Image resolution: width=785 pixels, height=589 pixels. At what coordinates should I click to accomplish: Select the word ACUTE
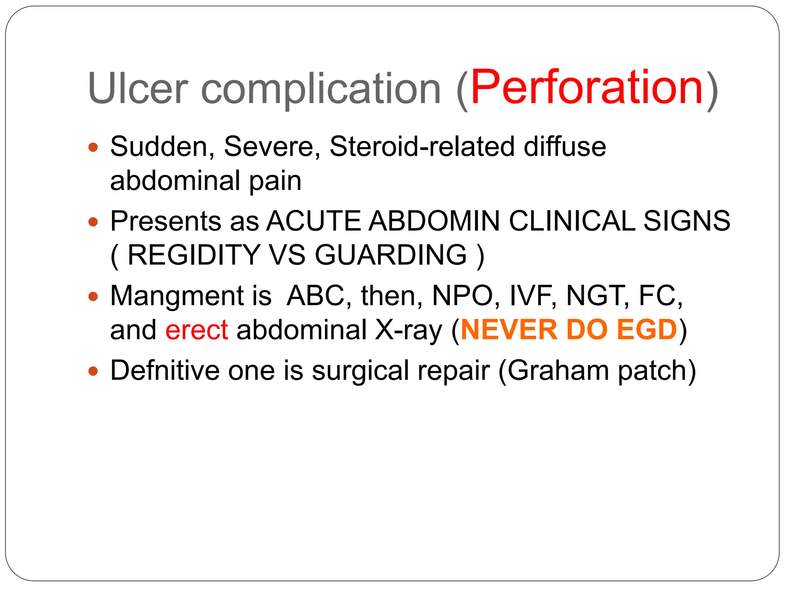click(x=314, y=221)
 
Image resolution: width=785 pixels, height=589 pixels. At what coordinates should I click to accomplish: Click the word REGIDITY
click(x=194, y=255)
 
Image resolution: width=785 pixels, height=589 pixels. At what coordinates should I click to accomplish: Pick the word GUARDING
click(x=391, y=255)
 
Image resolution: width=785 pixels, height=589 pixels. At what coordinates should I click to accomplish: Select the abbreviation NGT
click(x=598, y=296)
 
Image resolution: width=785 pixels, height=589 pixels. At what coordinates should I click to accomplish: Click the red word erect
click(x=197, y=330)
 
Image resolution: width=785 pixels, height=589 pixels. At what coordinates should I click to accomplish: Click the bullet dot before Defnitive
click(x=93, y=371)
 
